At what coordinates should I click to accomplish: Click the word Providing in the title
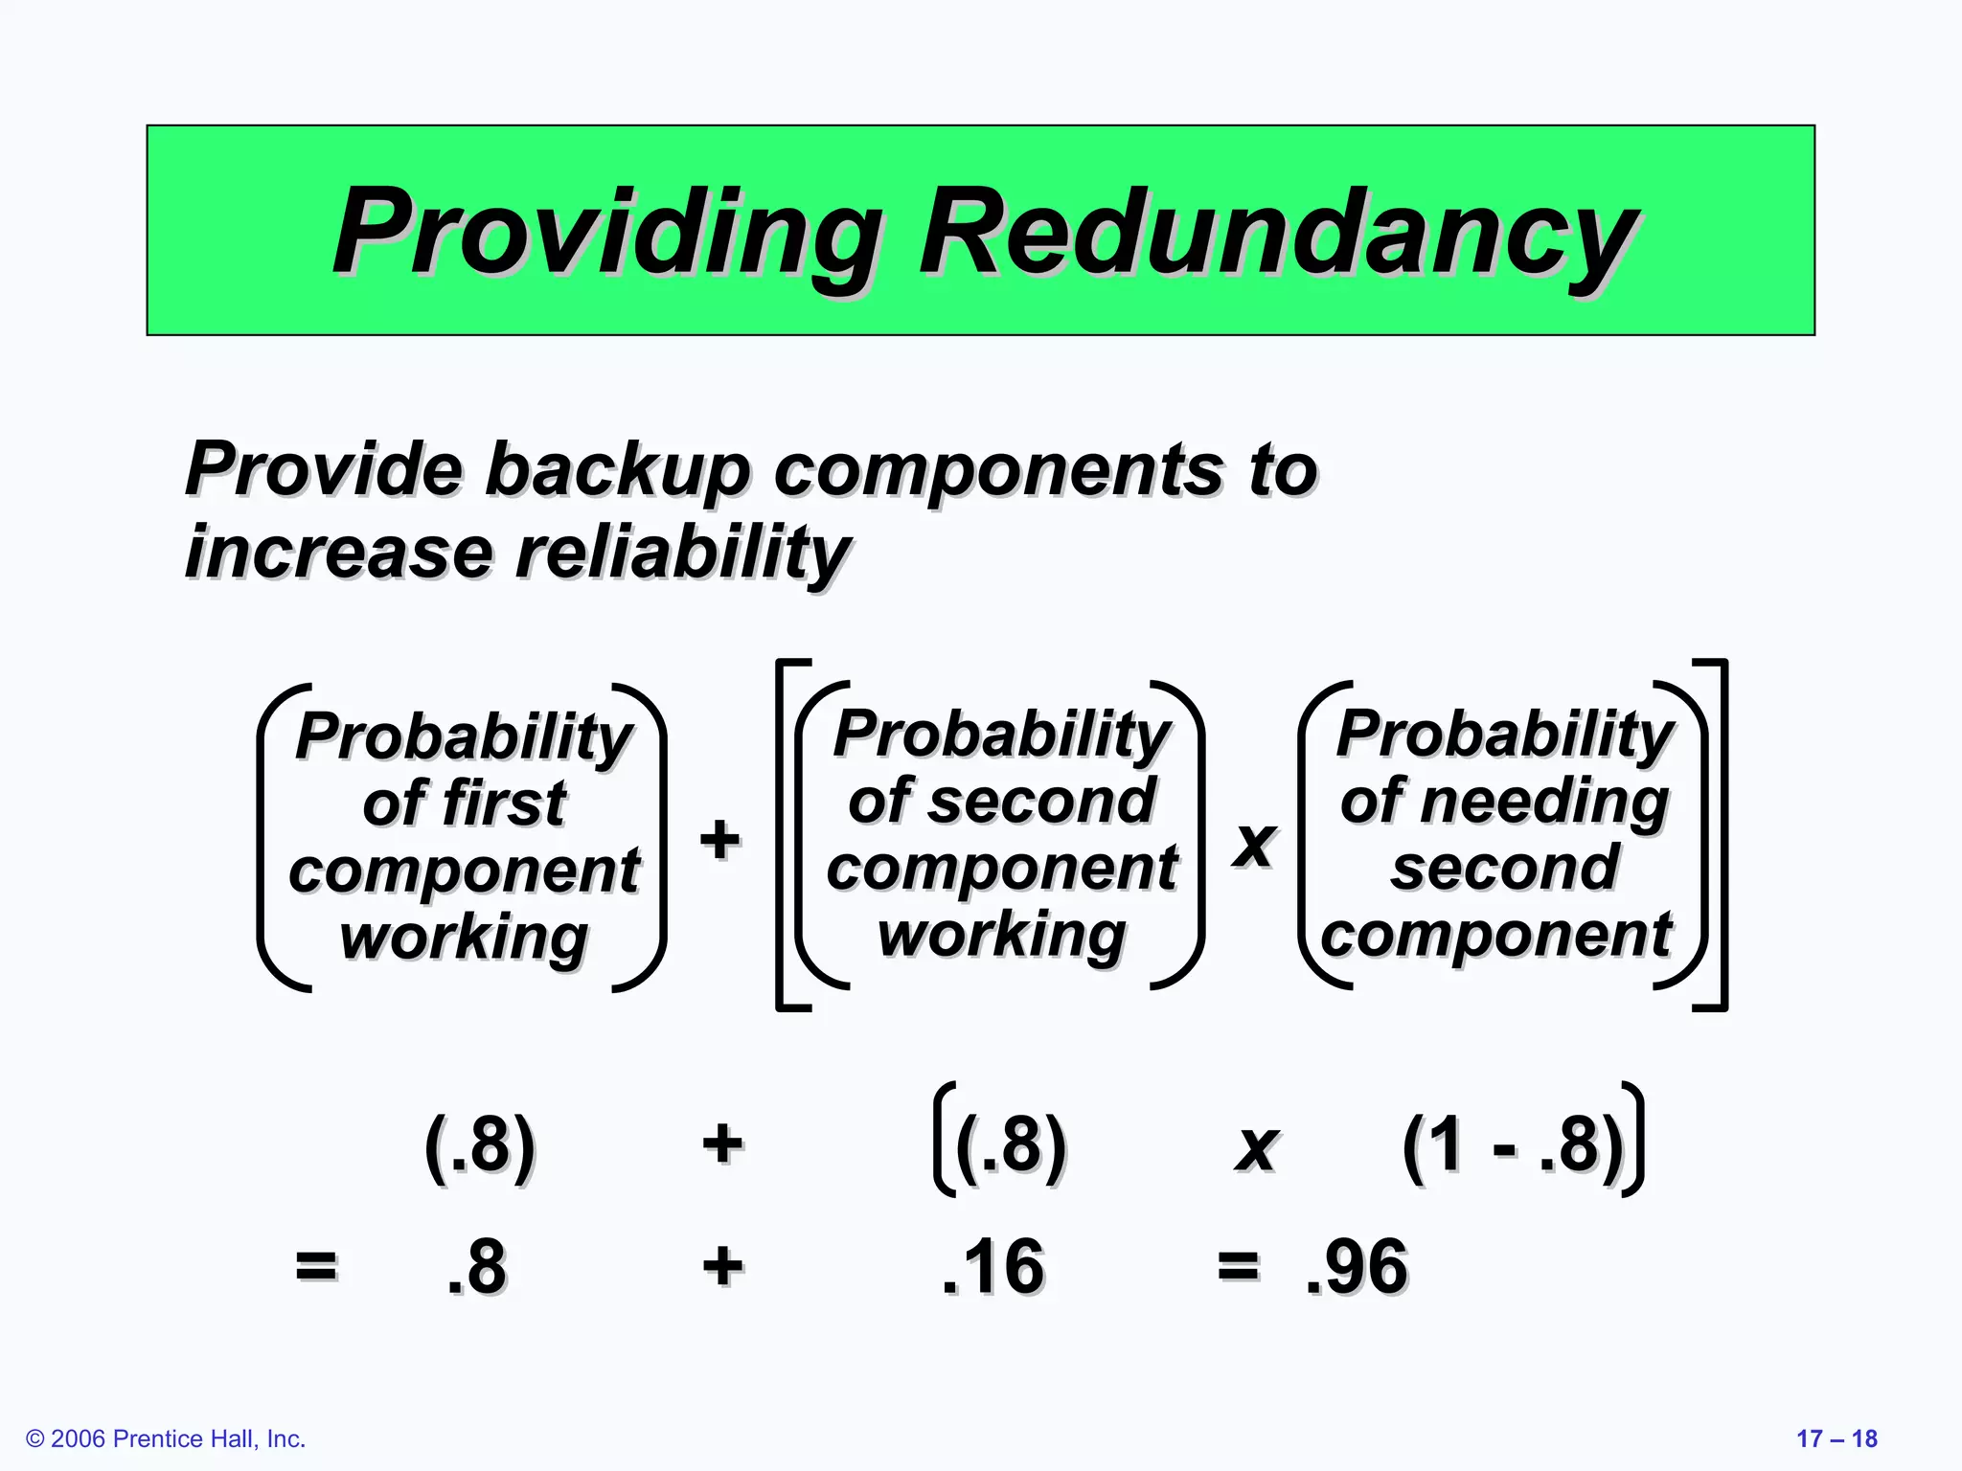pos(607,233)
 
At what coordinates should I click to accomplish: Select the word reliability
pos(683,554)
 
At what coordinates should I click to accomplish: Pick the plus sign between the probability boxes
pos(719,839)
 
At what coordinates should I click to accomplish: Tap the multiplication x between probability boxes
pos(1254,843)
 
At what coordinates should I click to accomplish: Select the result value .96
pos(1357,1266)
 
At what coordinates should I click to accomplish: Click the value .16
pos(992,1266)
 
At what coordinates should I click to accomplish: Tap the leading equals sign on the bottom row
pos(316,1265)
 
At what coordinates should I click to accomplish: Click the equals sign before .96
pos(1238,1265)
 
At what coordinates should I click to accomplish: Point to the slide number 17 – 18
pos(1836,1438)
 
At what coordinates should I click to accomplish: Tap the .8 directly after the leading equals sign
pos(476,1266)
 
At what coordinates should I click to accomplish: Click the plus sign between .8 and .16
pos(722,1265)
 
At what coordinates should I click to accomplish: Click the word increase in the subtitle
pos(338,554)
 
